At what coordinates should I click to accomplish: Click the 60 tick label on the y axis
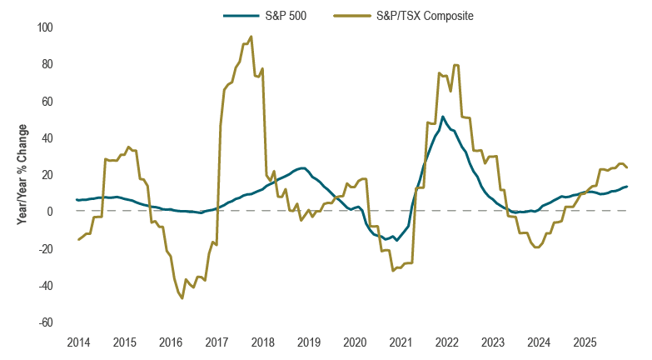coord(47,102)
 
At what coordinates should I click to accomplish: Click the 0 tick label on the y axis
coord(50,212)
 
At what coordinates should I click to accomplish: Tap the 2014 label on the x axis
coord(78,342)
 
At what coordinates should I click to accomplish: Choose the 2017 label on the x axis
coord(217,342)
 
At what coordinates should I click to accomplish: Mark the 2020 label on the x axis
coord(355,342)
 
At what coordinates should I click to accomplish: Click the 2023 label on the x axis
coord(493,342)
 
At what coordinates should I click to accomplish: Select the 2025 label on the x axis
coord(585,342)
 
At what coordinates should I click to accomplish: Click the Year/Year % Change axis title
coord(22,175)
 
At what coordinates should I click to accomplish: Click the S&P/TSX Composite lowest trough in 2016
coord(182,297)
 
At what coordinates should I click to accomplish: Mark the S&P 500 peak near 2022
coord(443,117)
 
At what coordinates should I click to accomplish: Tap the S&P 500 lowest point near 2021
coord(396,240)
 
